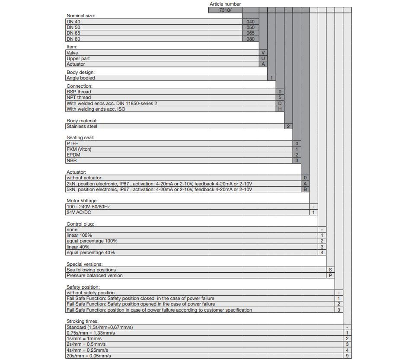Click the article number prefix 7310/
[x=225, y=10]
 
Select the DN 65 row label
[x=73, y=33]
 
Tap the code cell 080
[x=250, y=39]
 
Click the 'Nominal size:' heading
[x=81, y=16]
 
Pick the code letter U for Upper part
[x=263, y=58]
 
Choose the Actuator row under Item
[x=76, y=64]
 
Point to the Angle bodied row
[x=81, y=78]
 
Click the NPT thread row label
[x=79, y=97]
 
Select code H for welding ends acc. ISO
[x=280, y=109]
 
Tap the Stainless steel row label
[x=82, y=126]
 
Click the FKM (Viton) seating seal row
[x=79, y=149]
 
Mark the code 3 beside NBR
[x=297, y=161]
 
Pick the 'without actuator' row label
[x=84, y=178]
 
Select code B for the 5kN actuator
[x=305, y=189]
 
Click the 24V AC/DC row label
[x=79, y=212]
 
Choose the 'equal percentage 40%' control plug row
[x=91, y=252]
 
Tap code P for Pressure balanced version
[x=330, y=275]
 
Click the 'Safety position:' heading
[x=83, y=287]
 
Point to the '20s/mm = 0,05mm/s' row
[x=89, y=356]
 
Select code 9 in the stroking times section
[x=347, y=356]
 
